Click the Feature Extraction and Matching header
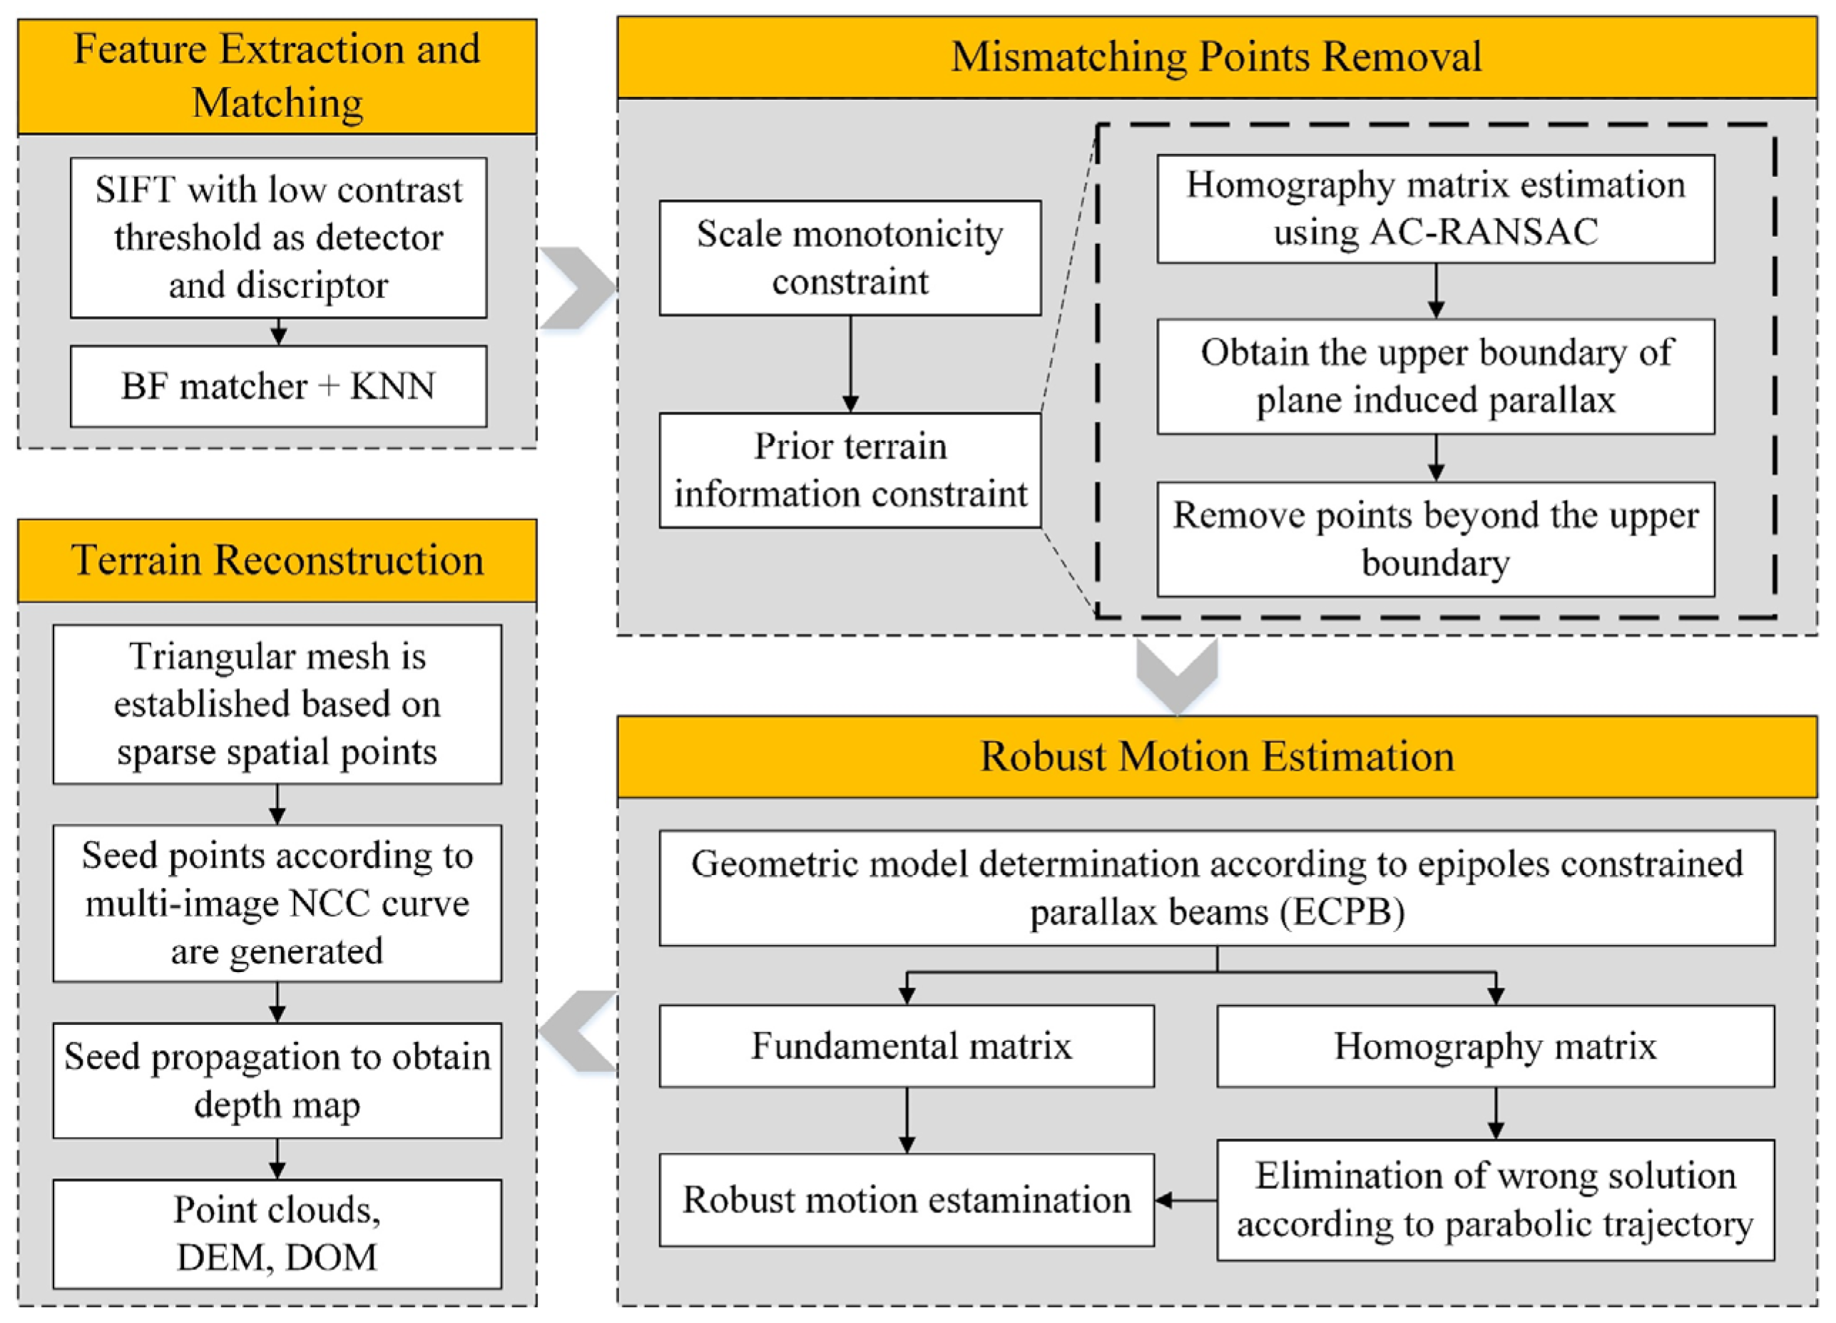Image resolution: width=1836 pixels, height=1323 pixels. tap(277, 76)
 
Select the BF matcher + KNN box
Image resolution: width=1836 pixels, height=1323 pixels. tap(277, 387)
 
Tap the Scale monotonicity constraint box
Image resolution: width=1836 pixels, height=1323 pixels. tap(850, 257)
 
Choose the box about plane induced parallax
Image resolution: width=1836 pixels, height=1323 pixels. tap(1435, 377)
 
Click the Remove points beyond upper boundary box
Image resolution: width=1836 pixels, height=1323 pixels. tap(1435, 539)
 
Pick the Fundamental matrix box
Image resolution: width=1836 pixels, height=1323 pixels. tap(907, 1046)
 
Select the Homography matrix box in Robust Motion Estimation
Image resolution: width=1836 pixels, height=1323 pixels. tap(1494, 1046)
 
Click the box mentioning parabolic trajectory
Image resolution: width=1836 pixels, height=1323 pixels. tap(1494, 1200)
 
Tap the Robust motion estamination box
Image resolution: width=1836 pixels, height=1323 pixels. tap(907, 1200)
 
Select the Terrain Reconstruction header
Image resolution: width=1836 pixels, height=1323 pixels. tap(277, 561)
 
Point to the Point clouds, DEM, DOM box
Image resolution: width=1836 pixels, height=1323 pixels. tap(277, 1233)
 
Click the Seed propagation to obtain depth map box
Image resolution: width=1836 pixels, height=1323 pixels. tap(277, 1080)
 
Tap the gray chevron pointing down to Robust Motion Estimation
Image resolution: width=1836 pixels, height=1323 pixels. tap(1176, 674)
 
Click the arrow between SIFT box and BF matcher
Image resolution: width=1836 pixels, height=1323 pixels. tap(277, 331)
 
